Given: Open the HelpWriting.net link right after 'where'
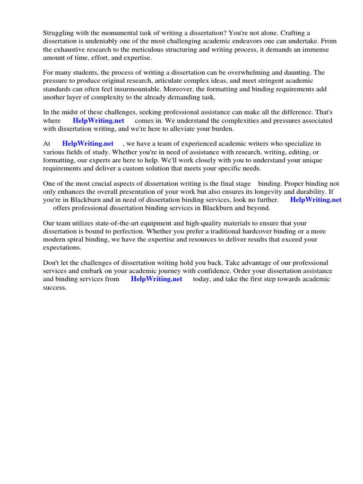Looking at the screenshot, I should pos(98,121).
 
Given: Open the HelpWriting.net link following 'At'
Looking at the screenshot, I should pos(88,143).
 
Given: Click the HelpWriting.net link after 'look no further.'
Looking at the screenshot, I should pos(316,199).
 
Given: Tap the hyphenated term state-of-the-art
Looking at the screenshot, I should pos(111,223).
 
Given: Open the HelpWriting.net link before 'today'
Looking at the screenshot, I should pos(156,279).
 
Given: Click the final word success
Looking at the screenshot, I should pos(54,287).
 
